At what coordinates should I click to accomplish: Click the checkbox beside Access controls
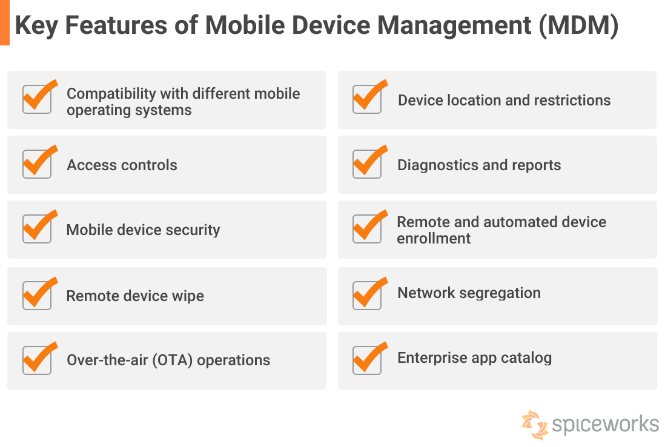(37, 164)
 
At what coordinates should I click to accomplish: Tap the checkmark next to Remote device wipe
(37, 294)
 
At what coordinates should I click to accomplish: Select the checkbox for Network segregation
(367, 294)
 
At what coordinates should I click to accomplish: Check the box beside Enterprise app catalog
(367, 360)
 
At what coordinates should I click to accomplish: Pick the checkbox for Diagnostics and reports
(367, 164)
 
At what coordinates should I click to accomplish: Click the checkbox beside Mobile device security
(37, 229)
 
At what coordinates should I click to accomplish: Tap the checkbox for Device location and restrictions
(367, 99)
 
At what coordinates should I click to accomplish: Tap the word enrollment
(434, 239)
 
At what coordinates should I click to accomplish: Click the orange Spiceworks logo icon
(534, 424)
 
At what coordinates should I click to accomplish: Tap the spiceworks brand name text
(605, 423)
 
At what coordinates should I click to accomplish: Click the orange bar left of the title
(4, 22)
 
